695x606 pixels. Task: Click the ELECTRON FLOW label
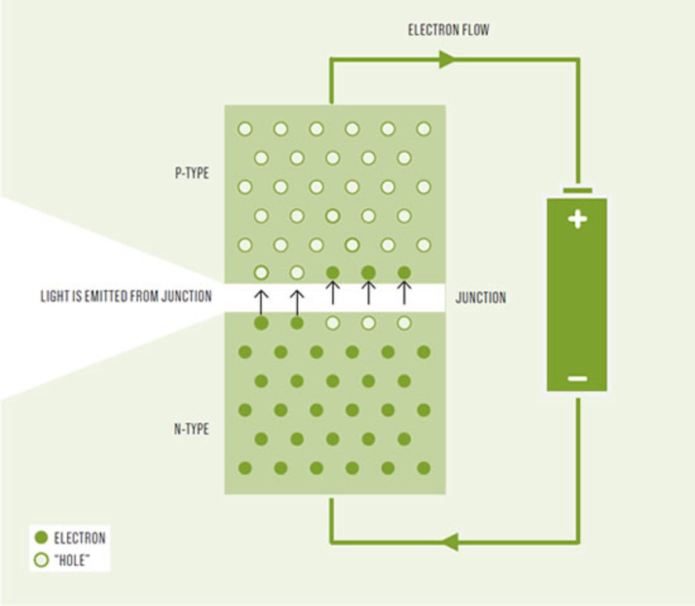click(x=448, y=30)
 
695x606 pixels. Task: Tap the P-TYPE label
click(x=192, y=173)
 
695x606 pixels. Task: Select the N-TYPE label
click(x=191, y=429)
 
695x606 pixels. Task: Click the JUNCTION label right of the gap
click(x=480, y=298)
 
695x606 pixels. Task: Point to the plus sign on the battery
click(x=577, y=219)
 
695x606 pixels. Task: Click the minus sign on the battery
click(x=577, y=379)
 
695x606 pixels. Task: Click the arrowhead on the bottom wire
click(x=449, y=542)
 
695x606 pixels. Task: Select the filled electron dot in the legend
click(x=41, y=538)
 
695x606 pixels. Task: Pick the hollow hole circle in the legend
click(x=41, y=560)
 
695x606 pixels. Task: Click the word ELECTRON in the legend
click(x=80, y=538)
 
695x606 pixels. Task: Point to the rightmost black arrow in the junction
click(x=404, y=293)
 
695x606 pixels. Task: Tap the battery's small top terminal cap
click(x=577, y=190)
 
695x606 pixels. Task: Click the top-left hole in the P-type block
click(x=245, y=128)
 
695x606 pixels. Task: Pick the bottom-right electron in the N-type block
click(x=424, y=468)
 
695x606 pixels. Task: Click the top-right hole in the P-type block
click(x=424, y=128)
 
